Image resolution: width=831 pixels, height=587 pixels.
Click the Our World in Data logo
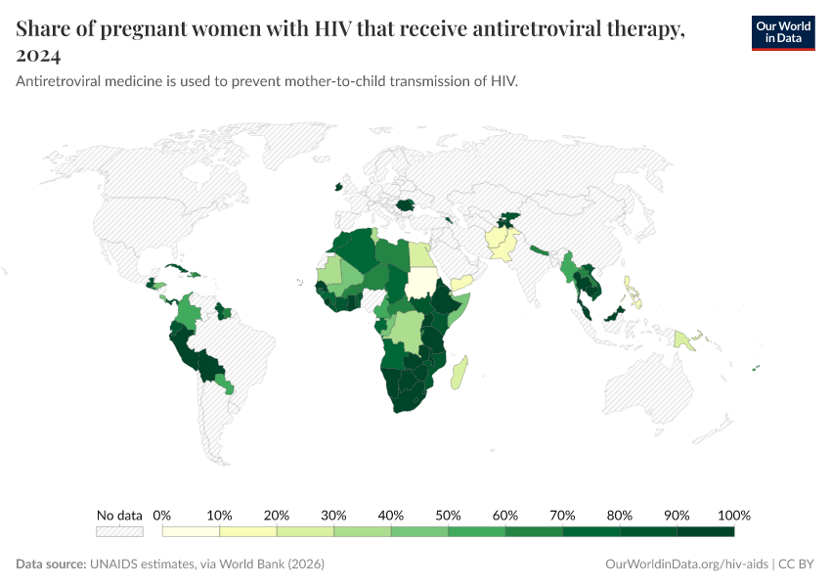(x=782, y=32)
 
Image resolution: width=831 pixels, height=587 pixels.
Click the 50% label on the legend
(x=448, y=516)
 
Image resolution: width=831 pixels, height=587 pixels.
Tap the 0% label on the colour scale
(x=162, y=516)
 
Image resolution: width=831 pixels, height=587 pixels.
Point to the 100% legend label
(x=733, y=516)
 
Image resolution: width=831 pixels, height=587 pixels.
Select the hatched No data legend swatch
(x=119, y=531)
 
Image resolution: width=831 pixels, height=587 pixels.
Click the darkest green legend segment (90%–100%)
(x=705, y=531)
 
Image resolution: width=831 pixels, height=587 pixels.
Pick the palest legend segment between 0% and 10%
(x=191, y=531)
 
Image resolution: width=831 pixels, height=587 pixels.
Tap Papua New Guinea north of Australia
(x=686, y=339)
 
